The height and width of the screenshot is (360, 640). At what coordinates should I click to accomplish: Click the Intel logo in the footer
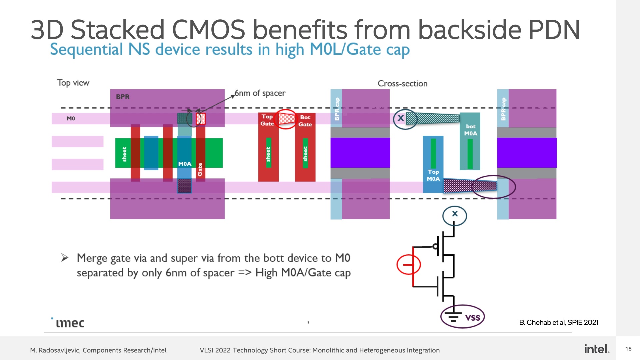tap(597, 349)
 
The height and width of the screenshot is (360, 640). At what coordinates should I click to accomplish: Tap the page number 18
tap(628, 349)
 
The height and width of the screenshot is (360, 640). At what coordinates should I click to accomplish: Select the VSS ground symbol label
tap(473, 317)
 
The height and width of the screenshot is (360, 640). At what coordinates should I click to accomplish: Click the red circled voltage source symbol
tap(409, 265)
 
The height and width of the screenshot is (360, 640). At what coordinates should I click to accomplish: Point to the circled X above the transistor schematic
tap(455, 215)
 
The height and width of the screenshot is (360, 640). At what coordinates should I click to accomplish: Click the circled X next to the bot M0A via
tap(405, 119)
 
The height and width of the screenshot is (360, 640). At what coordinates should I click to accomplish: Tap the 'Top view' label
tap(73, 83)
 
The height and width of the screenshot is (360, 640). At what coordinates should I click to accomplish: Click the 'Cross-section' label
tap(402, 84)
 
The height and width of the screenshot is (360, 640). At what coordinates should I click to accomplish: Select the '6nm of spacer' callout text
tap(260, 93)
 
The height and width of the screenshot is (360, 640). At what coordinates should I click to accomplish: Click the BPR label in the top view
tap(123, 97)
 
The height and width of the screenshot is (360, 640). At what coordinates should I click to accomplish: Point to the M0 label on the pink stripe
tap(71, 118)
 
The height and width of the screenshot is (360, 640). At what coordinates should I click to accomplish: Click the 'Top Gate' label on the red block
tap(267, 120)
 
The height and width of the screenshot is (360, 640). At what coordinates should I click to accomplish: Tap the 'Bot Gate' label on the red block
tap(305, 121)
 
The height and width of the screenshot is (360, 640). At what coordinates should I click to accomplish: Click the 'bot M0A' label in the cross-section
tap(471, 130)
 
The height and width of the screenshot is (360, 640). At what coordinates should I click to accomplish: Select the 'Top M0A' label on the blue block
tap(433, 175)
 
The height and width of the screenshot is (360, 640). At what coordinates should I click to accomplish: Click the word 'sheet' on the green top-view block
tap(124, 154)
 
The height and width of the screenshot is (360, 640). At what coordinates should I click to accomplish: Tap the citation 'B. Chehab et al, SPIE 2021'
tap(559, 322)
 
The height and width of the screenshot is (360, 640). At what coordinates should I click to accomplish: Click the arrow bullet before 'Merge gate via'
tap(65, 258)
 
